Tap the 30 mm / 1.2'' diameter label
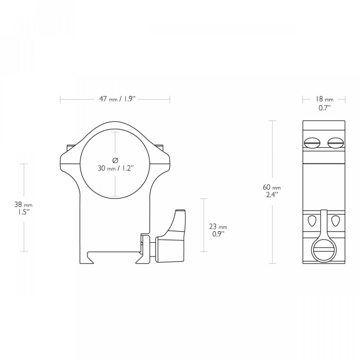[116, 168]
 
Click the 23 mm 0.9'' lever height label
[218, 230]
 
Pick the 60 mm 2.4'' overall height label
[272, 191]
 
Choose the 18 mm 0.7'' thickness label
[324, 103]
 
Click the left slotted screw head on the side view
[312, 143]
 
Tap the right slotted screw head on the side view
[335, 143]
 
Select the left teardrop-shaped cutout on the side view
[312, 220]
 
